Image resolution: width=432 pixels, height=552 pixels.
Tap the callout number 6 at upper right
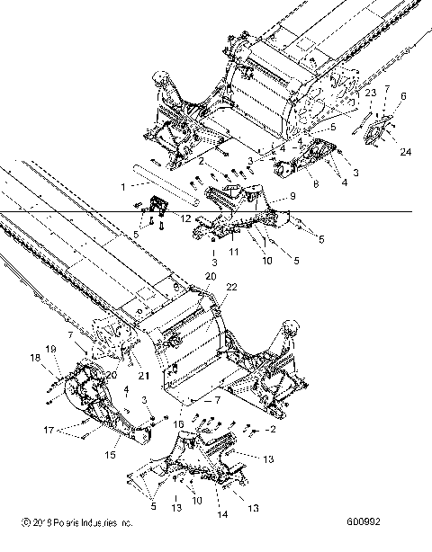pyautogui.click(x=403, y=95)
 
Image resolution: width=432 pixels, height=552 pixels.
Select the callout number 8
pyautogui.click(x=314, y=184)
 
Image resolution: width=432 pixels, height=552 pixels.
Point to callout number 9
pyautogui.click(x=292, y=197)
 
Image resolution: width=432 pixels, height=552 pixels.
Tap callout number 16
pyautogui.click(x=180, y=423)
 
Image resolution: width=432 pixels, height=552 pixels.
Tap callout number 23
pyautogui.click(x=370, y=93)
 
